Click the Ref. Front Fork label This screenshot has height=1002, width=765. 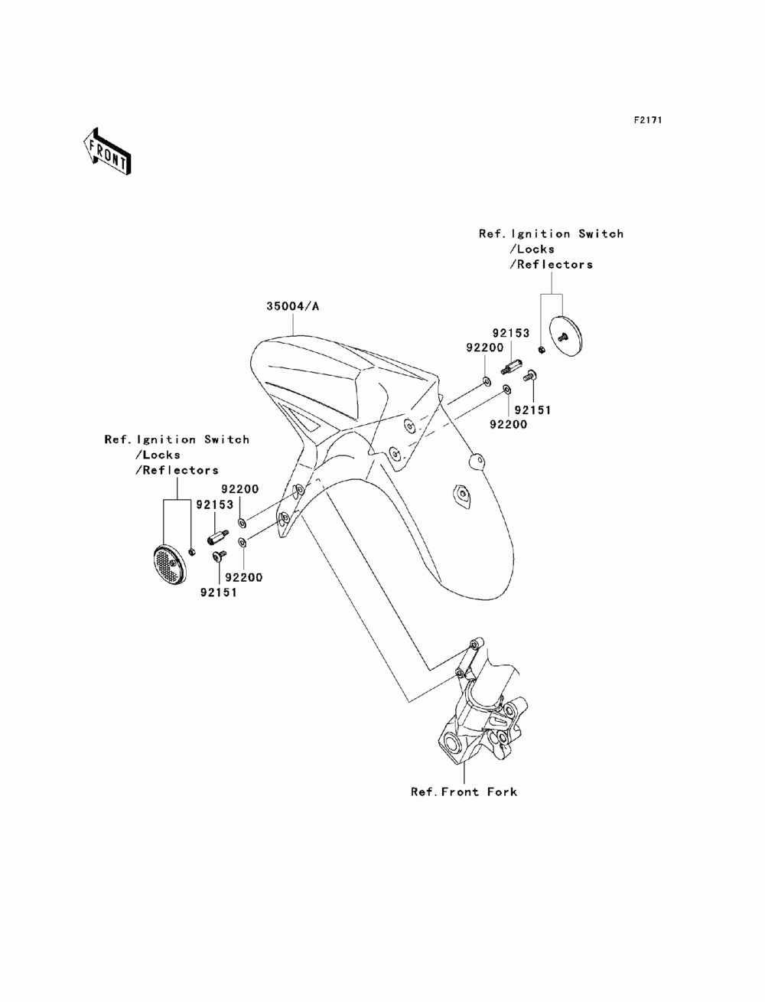tap(464, 791)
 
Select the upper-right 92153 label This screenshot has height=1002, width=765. tap(511, 334)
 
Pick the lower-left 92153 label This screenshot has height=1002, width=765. tap(214, 505)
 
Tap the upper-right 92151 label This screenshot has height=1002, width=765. tap(532, 410)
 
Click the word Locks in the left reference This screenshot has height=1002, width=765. tap(159, 455)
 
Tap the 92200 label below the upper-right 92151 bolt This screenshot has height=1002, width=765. tap(506, 424)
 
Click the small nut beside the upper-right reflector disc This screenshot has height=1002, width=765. tap(541, 350)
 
